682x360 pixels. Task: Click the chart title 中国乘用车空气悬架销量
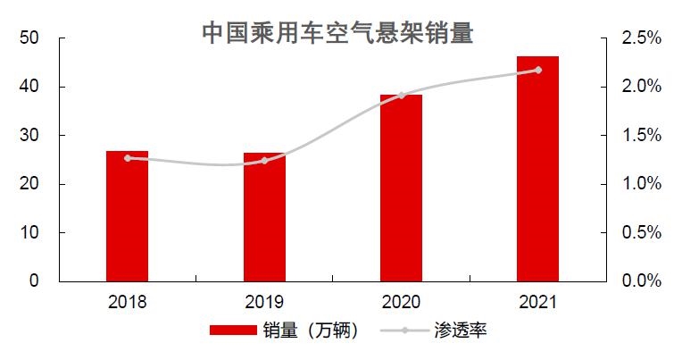point(337,33)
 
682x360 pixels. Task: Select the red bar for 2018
point(128,216)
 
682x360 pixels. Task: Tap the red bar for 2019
point(264,217)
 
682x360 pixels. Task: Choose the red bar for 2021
point(537,169)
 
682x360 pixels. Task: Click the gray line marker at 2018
point(128,158)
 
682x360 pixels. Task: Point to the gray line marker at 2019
point(264,161)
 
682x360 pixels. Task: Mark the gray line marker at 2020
point(401,96)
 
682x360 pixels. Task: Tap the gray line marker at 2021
point(537,70)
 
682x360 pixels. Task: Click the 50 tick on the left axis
point(29,38)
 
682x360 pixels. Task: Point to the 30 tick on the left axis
point(29,136)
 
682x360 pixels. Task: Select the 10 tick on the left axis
point(29,232)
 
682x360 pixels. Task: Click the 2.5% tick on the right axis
point(641,38)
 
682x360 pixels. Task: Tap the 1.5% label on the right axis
point(641,136)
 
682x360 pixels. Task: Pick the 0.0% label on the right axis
point(641,281)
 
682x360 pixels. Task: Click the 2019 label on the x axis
point(264,302)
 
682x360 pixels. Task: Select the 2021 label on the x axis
point(537,302)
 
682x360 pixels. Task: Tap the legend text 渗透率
point(461,331)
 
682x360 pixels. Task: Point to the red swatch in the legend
point(232,331)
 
